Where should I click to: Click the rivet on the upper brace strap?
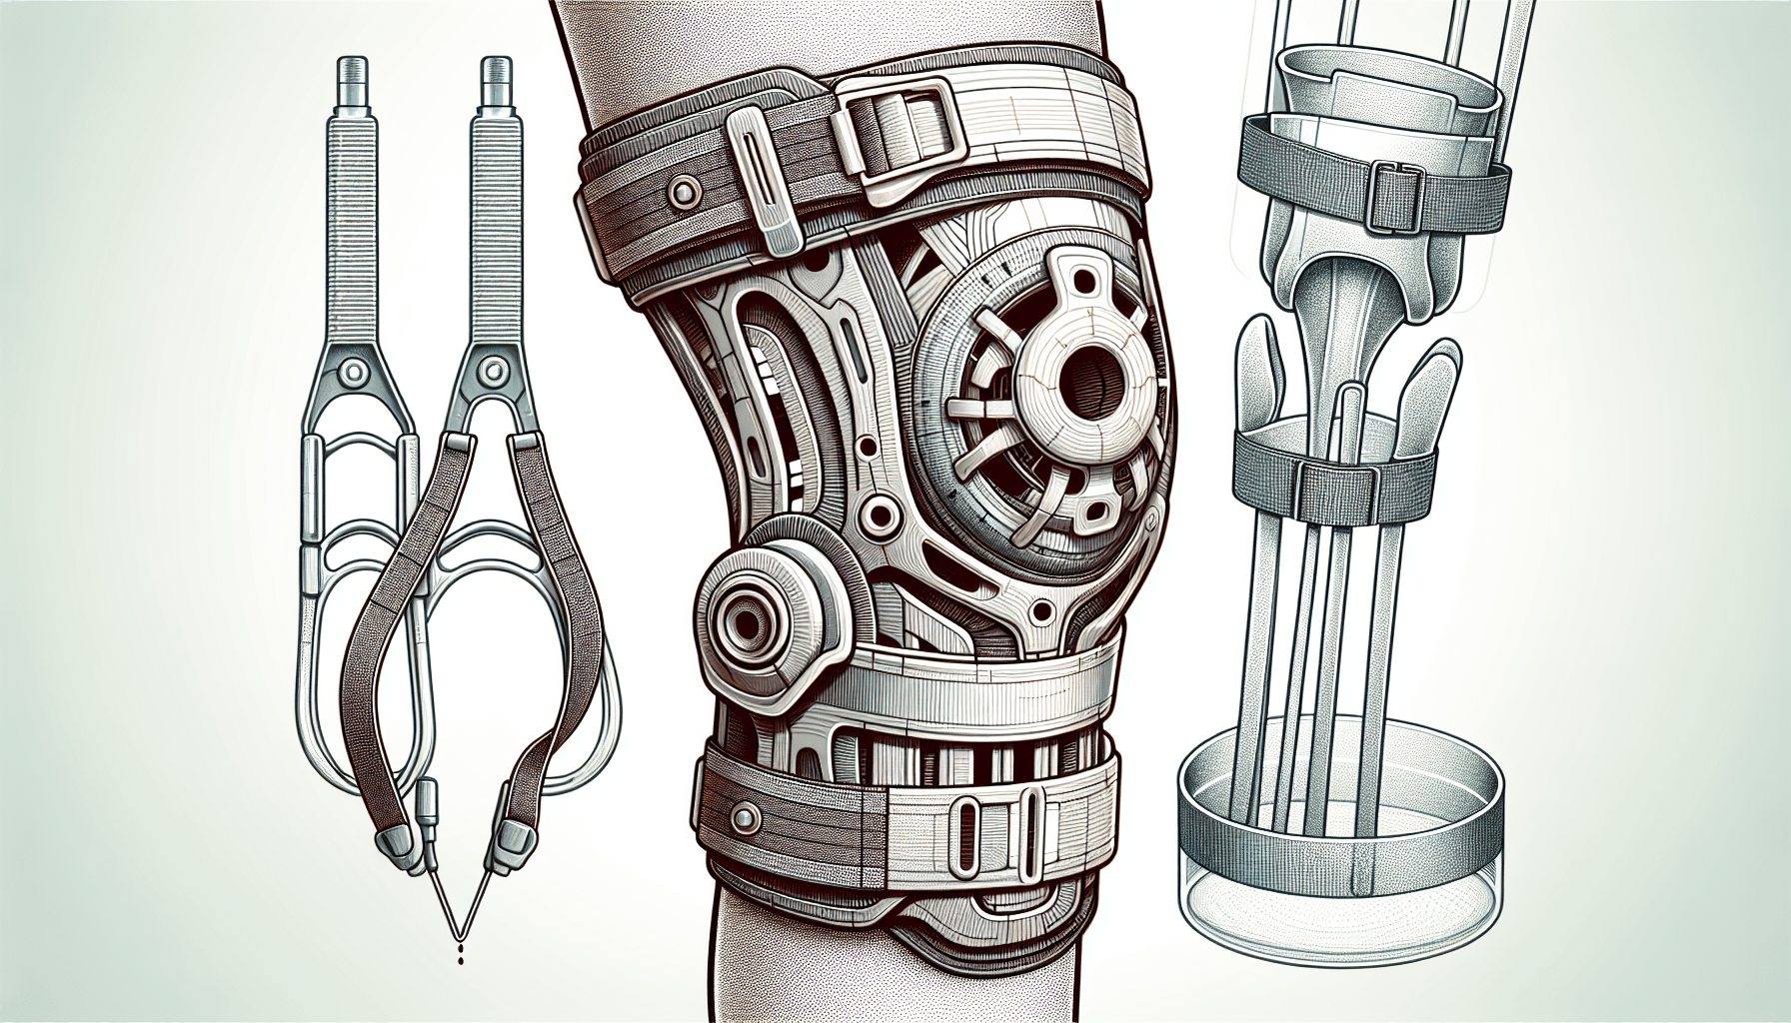(x=683, y=192)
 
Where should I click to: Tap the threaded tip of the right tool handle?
(x=495, y=73)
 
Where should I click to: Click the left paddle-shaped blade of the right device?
(x=1256, y=375)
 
